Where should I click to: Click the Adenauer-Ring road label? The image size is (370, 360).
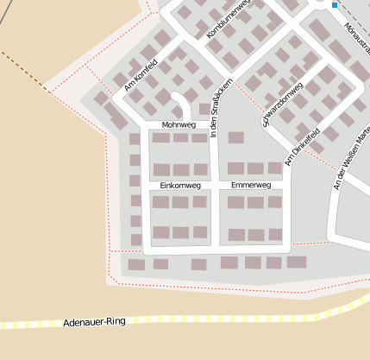click(x=94, y=321)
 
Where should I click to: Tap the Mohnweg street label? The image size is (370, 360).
click(x=179, y=125)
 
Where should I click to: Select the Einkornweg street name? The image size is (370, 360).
click(x=180, y=185)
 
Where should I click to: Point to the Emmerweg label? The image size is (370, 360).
click(x=251, y=185)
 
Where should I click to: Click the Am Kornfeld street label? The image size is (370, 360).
click(x=143, y=74)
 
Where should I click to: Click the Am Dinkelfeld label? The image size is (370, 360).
click(x=306, y=148)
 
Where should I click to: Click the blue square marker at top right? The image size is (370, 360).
click(x=335, y=5)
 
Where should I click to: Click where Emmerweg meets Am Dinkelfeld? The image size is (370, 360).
click(x=287, y=186)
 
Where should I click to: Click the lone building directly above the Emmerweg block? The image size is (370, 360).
click(x=235, y=137)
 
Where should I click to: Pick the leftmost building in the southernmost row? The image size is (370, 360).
click(x=136, y=264)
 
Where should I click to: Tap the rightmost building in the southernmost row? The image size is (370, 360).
click(x=297, y=262)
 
